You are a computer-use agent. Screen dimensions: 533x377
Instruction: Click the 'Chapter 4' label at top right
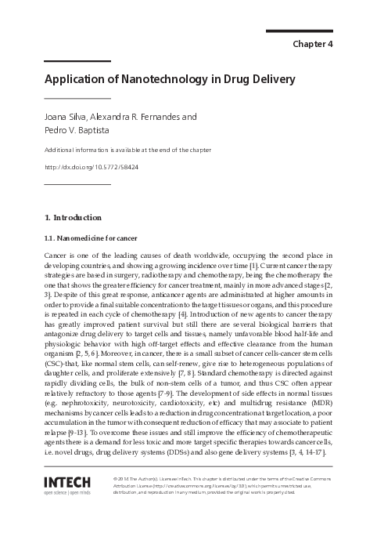tap(313, 44)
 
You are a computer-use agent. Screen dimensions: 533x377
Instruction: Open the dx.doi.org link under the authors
tap(91, 166)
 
